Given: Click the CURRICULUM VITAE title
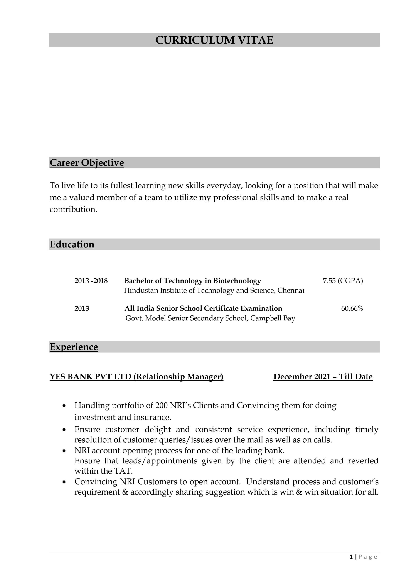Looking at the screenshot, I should pyautogui.click(x=214, y=40).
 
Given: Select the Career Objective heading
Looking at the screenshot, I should pyautogui.click(x=87, y=163).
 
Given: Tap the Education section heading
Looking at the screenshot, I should pyautogui.click(x=72, y=244).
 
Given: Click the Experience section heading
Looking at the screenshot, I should pyautogui.click(x=74, y=347).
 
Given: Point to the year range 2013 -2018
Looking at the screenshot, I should pyautogui.click(x=91, y=281).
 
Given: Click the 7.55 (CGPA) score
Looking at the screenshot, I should pyautogui.click(x=343, y=281).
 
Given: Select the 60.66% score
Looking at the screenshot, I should pyautogui.click(x=352, y=308).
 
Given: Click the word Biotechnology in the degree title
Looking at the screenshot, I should pyautogui.click(x=237, y=281).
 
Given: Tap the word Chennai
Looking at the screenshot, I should pyautogui.click(x=291, y=290).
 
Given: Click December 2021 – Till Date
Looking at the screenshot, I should pyautogui.click(x=323, y=377).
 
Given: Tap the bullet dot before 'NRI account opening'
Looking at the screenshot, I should pyautogui.click(x=64, y=451).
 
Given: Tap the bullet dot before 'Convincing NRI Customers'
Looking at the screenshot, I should pyautogui.click(x=64, y=482).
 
